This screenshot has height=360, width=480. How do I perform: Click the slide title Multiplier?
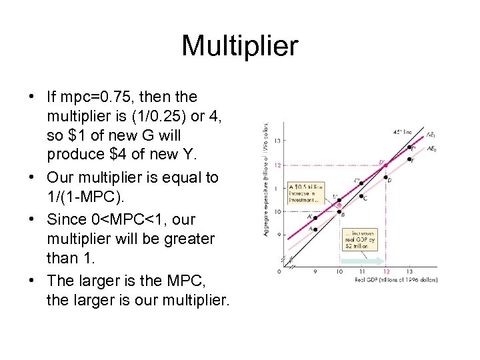click(239, 46)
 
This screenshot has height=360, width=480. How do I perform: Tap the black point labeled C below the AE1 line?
click(361, 197)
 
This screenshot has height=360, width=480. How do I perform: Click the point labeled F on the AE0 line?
click(409, 159)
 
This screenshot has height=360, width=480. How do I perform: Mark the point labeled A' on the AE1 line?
click(315, 217)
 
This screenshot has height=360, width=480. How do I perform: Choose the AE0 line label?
click(432, 149)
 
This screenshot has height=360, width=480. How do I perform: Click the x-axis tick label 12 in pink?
click(386, 272)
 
